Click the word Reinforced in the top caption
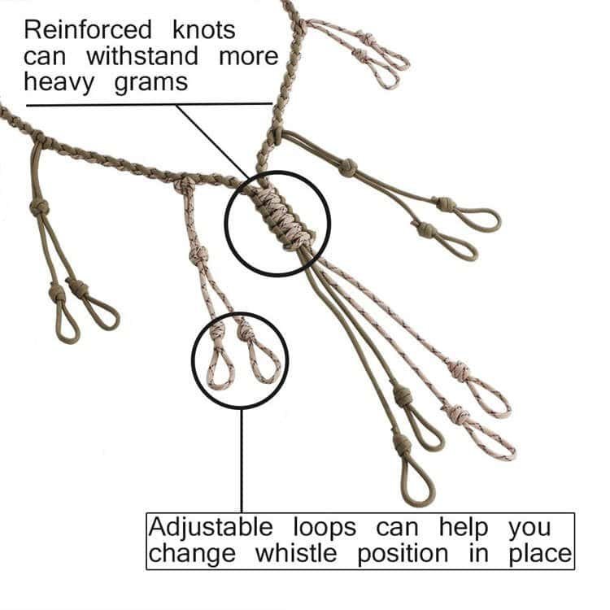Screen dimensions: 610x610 (88, 31)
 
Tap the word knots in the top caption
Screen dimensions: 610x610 (204, 31)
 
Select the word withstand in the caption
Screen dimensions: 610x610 (142, 57)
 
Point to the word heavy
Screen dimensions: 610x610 (60, 82)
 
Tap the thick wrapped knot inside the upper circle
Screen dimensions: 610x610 (280, 218)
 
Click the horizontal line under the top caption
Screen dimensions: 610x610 (146, 104)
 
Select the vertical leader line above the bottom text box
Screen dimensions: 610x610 (241, 460)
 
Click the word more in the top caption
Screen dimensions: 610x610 (250, 57)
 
